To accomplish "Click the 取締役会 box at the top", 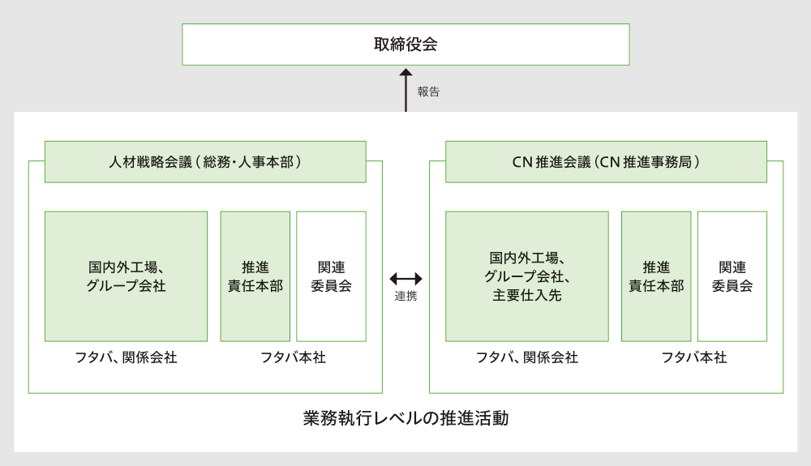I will tap(405, 45).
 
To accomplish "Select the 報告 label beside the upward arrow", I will tap(428, 92).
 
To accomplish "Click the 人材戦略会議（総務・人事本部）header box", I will tap(205, 162).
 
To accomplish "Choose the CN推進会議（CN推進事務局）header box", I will tap(606, 162).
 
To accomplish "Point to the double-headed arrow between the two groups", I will tap(405, 278).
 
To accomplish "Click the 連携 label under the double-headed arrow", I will tap(405, 297).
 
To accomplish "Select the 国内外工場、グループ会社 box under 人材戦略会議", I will tap(126, 276).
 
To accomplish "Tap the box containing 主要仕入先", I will tap(526, 276).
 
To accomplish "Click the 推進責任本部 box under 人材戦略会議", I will tap(255, 276).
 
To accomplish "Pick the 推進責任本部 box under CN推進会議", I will tap(656, 276).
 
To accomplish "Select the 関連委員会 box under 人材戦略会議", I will tap(331, 276).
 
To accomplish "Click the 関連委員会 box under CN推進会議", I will tap(732, 276).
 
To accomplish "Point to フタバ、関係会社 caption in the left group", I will tap(126, 357).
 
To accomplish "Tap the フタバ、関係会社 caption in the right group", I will tap(526, 357).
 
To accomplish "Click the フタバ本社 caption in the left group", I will tap(293, 357).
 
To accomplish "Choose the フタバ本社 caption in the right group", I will tap(693, 357).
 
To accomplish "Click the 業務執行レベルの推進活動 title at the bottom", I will tap(405, 419).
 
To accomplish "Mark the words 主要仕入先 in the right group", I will tap(526, 295).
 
